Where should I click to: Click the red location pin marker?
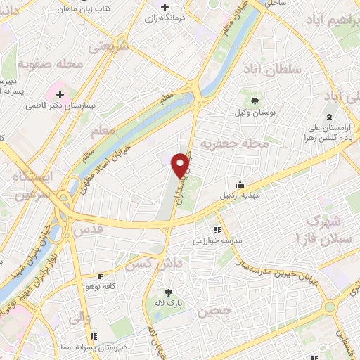[181, 165]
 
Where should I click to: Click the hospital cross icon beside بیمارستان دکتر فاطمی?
[60, 93]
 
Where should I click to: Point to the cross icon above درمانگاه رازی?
[164, 7]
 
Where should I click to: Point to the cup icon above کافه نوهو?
[101, 276]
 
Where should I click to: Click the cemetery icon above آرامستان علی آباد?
[328, 117]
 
